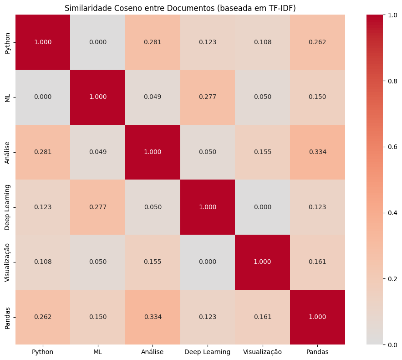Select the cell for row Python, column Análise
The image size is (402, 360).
tap(153, 42)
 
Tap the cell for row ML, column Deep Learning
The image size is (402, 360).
tap(208, 97)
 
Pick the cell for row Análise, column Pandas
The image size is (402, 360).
tap(317, 152)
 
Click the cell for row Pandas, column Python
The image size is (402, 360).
tap(43, 317)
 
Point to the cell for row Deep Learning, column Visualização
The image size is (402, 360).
tap(262, 207)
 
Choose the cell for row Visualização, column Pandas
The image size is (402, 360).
tap(317, 262)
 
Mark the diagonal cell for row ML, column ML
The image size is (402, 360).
tap(97, 97)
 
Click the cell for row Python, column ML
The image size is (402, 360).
tap(97, 42)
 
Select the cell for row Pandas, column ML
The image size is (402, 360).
tap(97, 317)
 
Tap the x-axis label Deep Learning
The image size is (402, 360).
tap(208, 352)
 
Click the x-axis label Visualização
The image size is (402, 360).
tap(262, 352)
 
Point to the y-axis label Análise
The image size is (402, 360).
tap(7, 152)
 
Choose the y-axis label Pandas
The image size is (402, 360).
tap(7, 317)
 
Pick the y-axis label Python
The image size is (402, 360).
tap(7, 42)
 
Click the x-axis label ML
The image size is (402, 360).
tap(97, 352)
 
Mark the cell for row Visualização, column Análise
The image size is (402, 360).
tap(153, 262)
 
